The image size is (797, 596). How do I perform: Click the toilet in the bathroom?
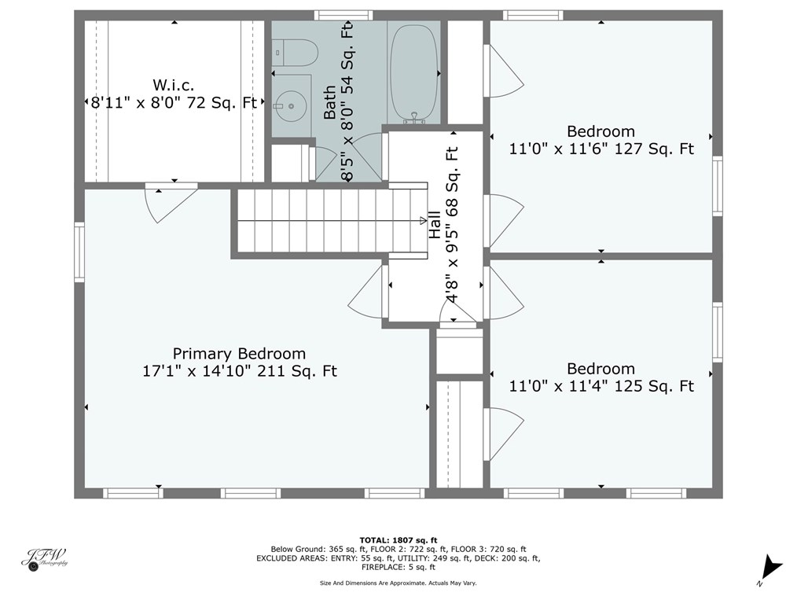point(297,53)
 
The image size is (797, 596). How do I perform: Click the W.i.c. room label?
point(173,85)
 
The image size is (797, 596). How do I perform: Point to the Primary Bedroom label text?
point(239,354)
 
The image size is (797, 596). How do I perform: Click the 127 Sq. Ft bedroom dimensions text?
point(601,148)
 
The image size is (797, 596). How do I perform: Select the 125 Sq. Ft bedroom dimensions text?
point(601,386)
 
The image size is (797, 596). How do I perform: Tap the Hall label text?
point(435,225)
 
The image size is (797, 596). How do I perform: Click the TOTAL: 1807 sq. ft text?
point(398,540)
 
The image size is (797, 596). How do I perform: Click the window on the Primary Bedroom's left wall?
point(79,252)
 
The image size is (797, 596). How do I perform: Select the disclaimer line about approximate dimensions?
point(398,583)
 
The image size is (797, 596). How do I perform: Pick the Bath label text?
point(330,102)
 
